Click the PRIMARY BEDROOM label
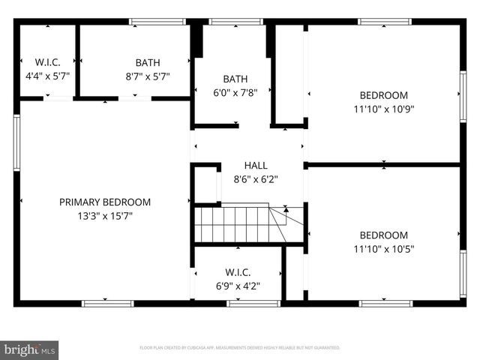click(105, 202)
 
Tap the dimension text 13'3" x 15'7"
click(105, 215)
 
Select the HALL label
click(256, 165)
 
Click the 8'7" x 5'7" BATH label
click(148, 63)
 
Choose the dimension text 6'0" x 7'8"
click(235, 92)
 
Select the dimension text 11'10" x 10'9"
click(384, 108)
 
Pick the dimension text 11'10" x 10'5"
click(384, 248)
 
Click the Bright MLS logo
click(29, 349)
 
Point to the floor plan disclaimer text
click(240, 348)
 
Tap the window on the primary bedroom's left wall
click(16, 142)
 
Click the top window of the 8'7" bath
click(157, 22)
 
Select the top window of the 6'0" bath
click(230, 22)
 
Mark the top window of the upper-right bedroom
click(384, 22)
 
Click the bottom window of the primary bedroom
click(107, 304)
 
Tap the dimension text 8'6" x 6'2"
click(256, 178)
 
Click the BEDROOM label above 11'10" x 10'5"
click(384, 235)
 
